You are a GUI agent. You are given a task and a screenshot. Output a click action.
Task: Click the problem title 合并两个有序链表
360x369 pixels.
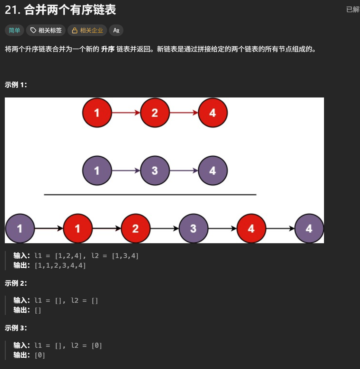pos(70,10)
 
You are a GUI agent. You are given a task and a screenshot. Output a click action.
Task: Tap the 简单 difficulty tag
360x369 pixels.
pos(14,31)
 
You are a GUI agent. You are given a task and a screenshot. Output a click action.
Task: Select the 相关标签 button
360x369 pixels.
pos(46,31)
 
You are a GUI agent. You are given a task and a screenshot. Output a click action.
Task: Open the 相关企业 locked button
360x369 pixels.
pos(87,31)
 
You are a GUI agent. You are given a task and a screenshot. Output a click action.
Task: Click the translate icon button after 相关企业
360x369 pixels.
pos(116,31)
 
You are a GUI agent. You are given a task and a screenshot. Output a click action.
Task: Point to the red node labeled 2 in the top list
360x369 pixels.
pos(155,113)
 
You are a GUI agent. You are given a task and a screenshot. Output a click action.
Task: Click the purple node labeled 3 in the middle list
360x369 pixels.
pos(155,171)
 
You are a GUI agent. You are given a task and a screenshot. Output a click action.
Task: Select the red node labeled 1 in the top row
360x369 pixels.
pos(97,113)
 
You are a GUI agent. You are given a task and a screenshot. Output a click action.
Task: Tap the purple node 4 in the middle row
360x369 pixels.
pos(212,171)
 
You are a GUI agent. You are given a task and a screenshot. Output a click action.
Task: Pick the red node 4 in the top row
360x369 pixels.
pos(212,113)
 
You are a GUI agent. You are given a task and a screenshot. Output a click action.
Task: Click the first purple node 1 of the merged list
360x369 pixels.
pos(20,228)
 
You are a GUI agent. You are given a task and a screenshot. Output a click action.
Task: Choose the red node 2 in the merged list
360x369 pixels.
pos(135,228)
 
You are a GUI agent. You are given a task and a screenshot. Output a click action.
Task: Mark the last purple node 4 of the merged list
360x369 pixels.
pos(309,228)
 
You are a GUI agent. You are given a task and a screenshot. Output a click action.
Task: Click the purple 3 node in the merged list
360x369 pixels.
pos(193,228)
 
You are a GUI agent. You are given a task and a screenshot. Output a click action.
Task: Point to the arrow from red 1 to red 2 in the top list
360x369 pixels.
pos(126,113)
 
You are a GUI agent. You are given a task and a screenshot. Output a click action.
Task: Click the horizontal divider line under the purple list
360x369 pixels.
pos(150,195)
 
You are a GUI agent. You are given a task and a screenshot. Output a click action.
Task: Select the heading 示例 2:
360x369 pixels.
pos(16,283)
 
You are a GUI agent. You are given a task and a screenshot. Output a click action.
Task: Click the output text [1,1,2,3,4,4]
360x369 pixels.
pos(60,265)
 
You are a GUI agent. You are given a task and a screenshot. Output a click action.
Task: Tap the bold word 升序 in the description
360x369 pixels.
pos(108,49)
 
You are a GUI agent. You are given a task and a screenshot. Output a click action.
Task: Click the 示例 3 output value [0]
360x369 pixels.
pos(40,355)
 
